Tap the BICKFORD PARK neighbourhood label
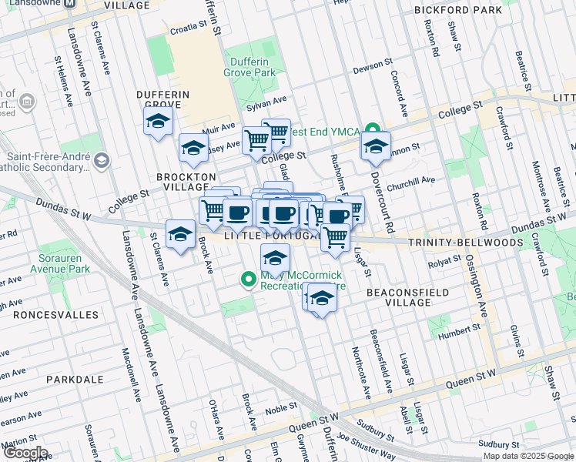point(457,10)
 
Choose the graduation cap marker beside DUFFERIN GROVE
point(158,122)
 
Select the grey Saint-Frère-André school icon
point(103,159)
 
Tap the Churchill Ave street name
point(411,182)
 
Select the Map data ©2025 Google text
point(528,456)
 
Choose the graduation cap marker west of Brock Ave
point(181,235)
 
